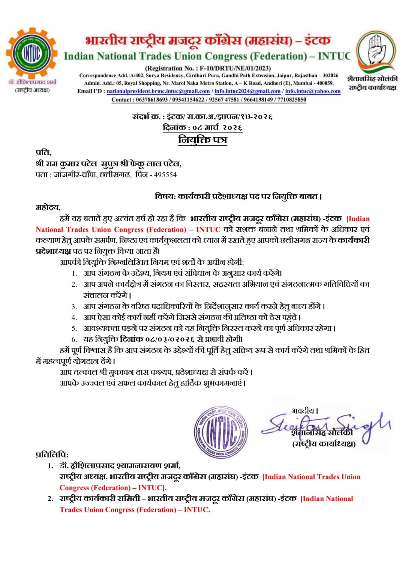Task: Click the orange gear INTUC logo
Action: pos(32,53)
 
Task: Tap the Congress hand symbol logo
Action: pos(376,50)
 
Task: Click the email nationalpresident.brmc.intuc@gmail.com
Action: pos(158,91)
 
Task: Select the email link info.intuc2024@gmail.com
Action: pos(247,91)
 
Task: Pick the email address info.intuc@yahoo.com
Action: pos(313,91)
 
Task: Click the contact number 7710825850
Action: pos(292,100)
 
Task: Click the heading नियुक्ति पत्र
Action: pos(202,140)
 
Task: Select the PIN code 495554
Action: pos(165,175)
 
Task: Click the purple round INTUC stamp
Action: pos(221,432)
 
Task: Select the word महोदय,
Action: pos(48,207)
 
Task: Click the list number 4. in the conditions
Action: pos(74,318)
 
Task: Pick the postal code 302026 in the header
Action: pos(330,75)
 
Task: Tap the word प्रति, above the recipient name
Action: pos(43,152)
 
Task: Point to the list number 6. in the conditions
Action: pos(74,339)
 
